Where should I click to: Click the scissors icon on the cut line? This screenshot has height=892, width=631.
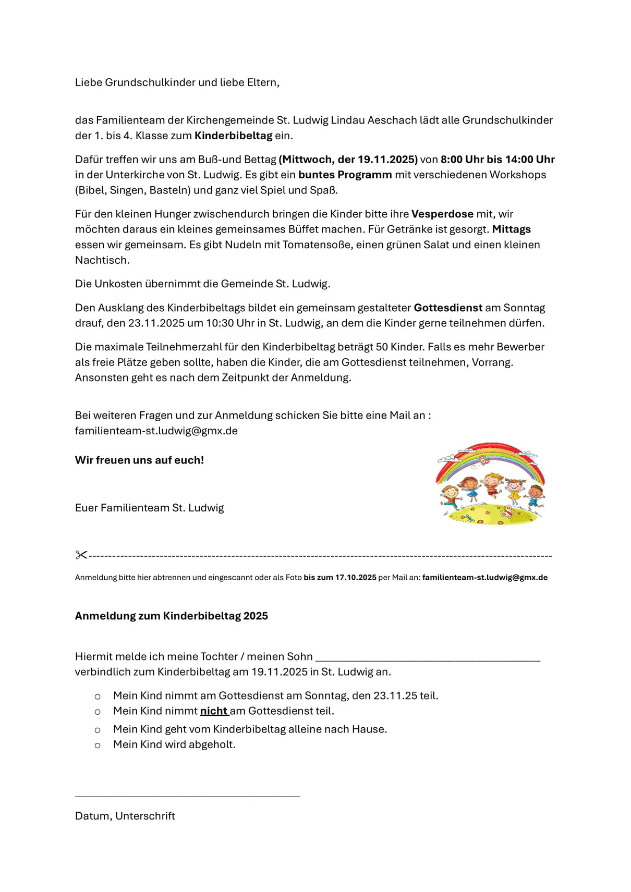tap(81, 555)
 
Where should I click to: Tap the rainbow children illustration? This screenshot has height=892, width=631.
tap(490, 483)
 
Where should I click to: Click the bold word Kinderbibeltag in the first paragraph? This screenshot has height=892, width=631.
tap(233, 136)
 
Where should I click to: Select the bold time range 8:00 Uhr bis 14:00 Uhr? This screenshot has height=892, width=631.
tap(497, 160)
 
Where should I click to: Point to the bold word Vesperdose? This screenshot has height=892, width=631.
tap(442, 214)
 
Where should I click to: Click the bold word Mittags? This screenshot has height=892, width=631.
tap(511, 229)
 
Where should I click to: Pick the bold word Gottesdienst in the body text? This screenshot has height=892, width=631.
tap(448, 308)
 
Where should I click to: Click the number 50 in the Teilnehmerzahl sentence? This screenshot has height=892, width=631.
tap(382, 347)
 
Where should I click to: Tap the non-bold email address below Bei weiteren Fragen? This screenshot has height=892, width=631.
tap(156, 431)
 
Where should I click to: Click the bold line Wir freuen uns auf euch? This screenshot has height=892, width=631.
tap(139, 460)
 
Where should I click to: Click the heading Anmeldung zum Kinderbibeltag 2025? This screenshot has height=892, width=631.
tap(171, 616)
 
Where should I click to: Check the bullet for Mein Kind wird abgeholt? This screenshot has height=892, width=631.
tap(98, 745)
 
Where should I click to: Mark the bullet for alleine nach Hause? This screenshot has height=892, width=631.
tap(98, 730)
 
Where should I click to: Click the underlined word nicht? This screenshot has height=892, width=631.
tap(214, 711)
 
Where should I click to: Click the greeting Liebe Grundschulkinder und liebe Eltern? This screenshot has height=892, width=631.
tap(177, 82)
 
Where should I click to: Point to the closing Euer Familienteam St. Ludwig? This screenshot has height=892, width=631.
tap(149, 508)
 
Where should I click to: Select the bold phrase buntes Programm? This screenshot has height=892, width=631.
tap(345, 175)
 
